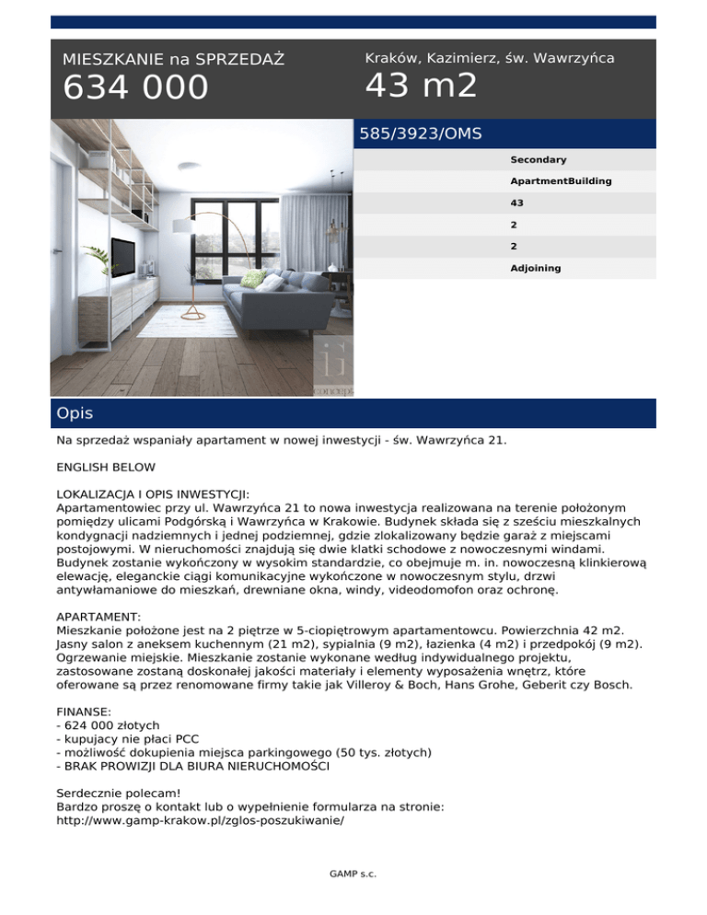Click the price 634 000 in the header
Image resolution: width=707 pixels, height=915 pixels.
click(135, 88)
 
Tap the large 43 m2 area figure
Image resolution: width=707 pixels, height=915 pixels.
click(421, 86)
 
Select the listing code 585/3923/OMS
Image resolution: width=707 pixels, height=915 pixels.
click(420, 133)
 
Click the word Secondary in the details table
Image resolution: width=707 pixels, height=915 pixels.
click(539, 159)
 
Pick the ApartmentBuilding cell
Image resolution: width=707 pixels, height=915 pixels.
click(561, 181)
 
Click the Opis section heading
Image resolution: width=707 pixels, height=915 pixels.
click(74, 413)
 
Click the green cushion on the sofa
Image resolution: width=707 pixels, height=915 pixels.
click(252, 278)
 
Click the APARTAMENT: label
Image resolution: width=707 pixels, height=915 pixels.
click(99, 616)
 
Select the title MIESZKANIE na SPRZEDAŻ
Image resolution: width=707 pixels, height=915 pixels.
click(173, 60)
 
